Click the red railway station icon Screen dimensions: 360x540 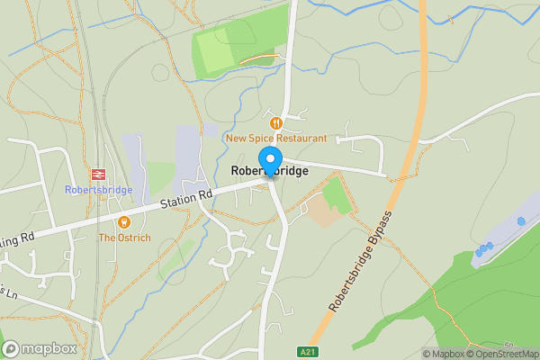(97, 175)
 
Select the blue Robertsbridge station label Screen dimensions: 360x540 (98, 190)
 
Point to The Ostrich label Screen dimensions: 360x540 (124, 238)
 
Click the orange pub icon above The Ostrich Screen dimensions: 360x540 (124, 222)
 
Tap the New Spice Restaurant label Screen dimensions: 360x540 (276, 139)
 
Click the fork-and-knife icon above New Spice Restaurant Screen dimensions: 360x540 (276, 122)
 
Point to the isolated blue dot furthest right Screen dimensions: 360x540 (521, 220)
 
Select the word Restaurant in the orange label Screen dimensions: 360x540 (301, 139)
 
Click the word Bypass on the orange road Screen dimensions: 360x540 (382, 227)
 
